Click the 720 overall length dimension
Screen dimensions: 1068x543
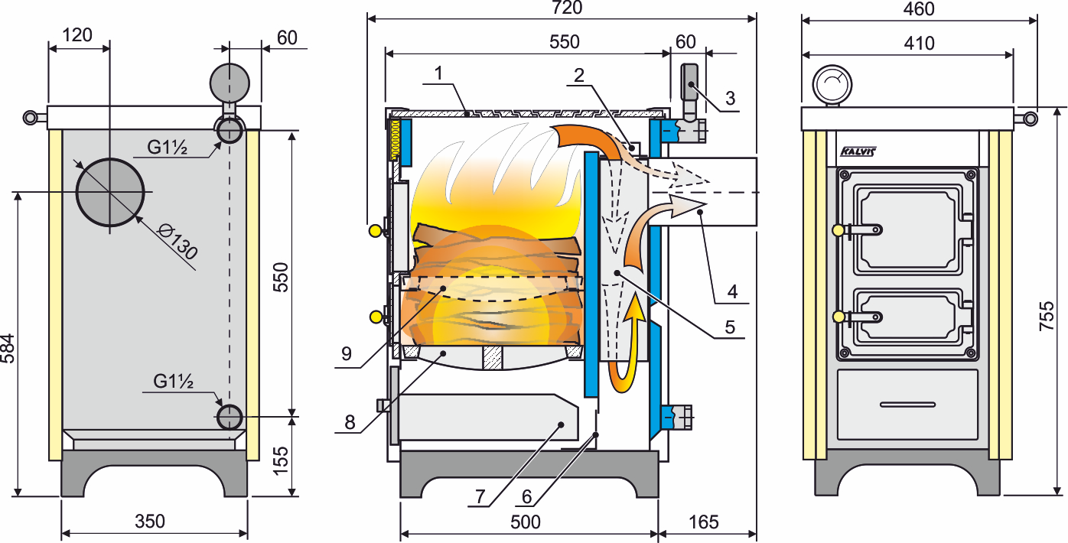(567, 8)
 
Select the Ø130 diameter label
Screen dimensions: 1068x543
(178, 243)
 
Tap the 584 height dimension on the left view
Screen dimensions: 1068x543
(8, 349)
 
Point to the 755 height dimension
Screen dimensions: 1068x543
(1047, 316)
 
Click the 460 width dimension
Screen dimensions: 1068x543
(919, 8)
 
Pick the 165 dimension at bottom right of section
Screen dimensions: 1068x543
(704, 522)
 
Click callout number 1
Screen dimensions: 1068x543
(438, 73)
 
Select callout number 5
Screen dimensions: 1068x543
(730, 327)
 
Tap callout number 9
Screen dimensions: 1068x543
(347, 354)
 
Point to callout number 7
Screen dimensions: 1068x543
(480, 497)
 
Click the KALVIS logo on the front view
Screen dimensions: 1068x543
(858, 151)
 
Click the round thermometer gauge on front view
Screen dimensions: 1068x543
(832, 84)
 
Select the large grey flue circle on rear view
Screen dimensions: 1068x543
(109, 192)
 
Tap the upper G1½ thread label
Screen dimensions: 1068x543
(167, 148)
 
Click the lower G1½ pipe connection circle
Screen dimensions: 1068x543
(230, 418)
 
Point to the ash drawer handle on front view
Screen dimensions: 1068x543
(907, 405)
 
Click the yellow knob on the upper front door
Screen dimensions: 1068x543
(838, 230)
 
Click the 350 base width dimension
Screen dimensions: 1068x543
(150, 521)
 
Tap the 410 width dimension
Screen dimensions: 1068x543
(919, 44)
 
